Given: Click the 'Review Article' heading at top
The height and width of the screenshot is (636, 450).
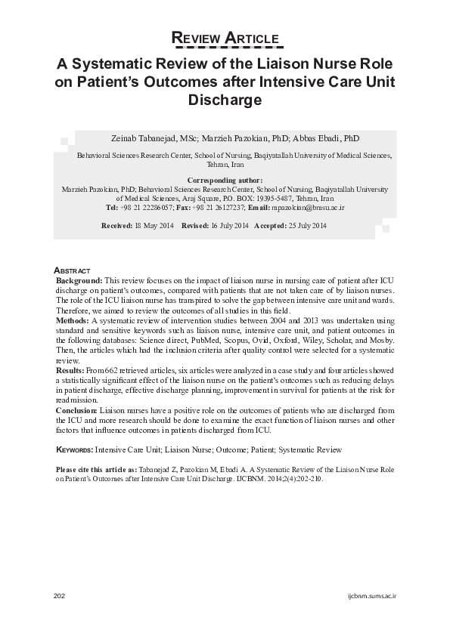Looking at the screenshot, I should click(225, 39).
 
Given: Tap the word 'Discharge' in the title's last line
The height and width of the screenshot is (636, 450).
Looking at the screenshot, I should click(225, 99).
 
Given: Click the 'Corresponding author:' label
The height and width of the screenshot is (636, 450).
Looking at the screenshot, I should click(225, 181).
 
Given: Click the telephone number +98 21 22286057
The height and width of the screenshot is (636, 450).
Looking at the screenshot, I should click(147, 206).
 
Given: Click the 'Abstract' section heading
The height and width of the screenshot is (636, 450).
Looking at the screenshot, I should click(73, 270).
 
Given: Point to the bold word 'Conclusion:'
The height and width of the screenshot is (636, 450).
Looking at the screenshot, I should click(77, 410).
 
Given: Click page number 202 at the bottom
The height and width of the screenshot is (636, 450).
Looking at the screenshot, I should click(60, 596).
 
